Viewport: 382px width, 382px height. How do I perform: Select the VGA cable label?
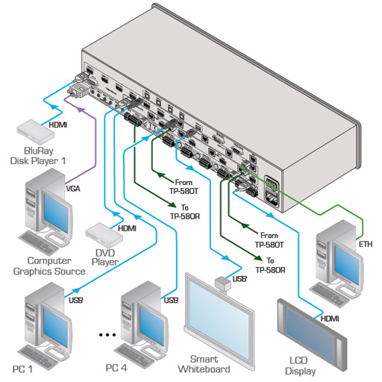(x=73, y=189)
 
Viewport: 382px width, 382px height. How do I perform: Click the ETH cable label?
(x=366, y=244)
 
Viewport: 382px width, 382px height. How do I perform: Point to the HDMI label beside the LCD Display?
(x=330, y=319)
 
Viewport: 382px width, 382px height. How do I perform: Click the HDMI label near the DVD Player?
(x=127, y=228)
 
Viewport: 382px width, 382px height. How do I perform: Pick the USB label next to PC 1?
(x=75, y=300)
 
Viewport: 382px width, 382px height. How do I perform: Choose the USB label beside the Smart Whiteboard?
(x=239, y=279)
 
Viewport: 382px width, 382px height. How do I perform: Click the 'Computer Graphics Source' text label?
(x=49, y=266)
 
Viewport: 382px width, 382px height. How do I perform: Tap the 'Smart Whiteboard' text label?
(x=204, y=364)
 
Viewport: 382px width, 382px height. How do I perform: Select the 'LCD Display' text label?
(x=300, y=366)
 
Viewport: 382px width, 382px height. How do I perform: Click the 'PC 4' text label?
(x=116, y=368)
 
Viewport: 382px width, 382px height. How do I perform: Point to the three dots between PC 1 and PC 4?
(x=107, y=335)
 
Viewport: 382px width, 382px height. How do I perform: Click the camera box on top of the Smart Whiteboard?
(x=223, y=284)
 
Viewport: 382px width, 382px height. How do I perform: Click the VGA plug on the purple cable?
(x=78, y=90)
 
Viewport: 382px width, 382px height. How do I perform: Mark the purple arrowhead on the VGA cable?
(x=81, y=109)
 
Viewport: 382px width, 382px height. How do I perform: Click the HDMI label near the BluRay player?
(x=58, y=125)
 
